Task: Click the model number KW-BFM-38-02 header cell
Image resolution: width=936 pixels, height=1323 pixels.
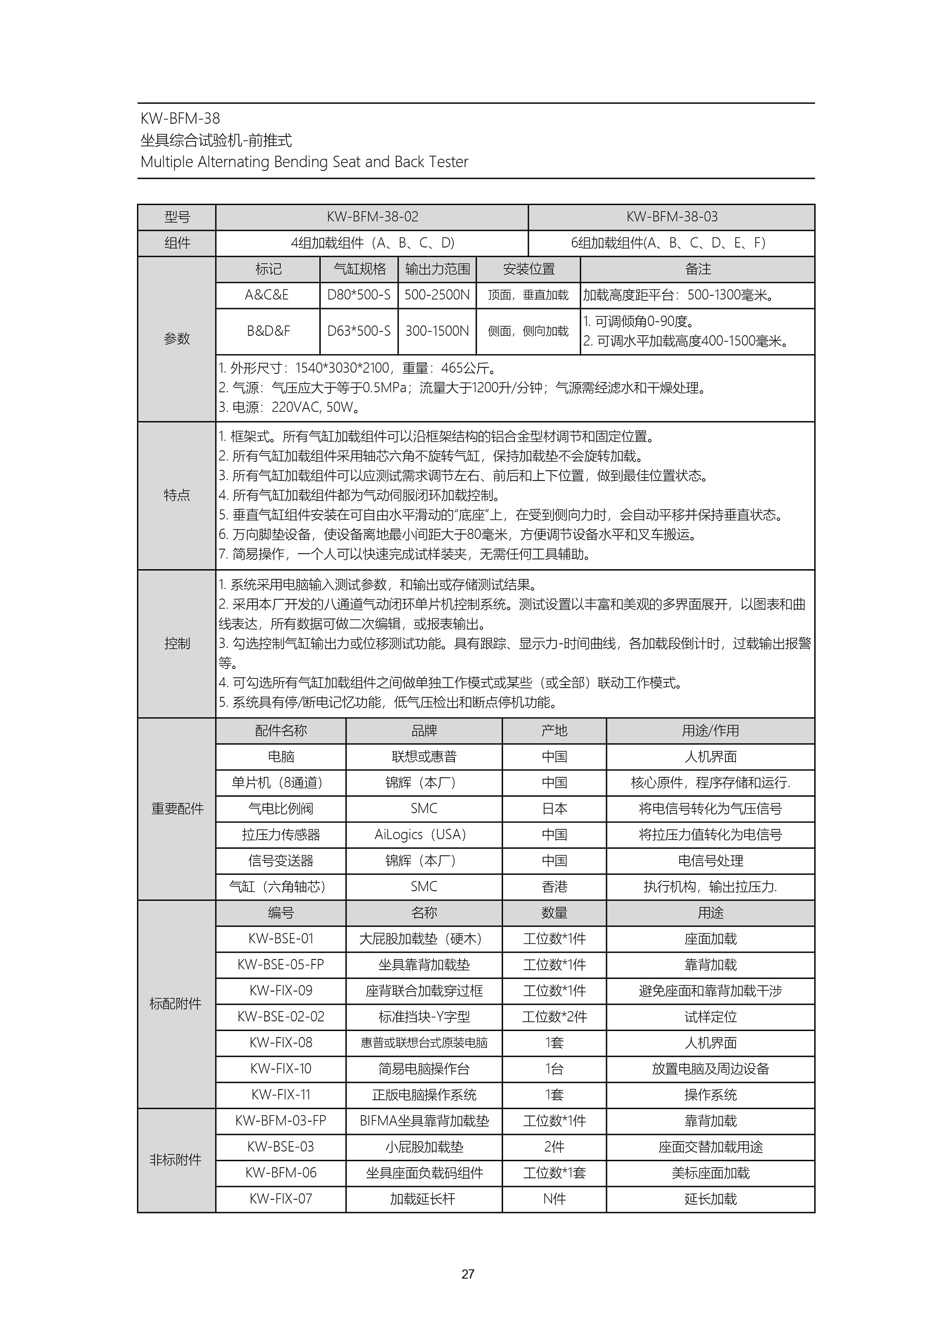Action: (372, 217)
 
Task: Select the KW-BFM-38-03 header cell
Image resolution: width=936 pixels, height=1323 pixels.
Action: (671, 217)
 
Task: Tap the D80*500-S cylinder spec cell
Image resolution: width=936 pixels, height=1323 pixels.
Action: (358, 295)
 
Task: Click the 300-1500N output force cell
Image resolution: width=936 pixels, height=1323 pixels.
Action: (437, 331)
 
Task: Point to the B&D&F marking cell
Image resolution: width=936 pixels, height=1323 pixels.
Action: (268, 331)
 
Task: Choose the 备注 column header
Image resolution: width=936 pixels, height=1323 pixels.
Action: (698, 269)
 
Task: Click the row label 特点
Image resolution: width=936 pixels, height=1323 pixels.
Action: (176, 496)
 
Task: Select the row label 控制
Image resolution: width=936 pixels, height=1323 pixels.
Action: (176, 644)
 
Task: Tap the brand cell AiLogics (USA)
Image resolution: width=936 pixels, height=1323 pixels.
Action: (424, 834)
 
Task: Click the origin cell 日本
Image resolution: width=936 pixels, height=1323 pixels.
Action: (554, 808)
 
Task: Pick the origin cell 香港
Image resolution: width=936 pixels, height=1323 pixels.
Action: (554, 886)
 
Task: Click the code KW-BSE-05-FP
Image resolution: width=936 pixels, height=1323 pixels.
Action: (281, 964)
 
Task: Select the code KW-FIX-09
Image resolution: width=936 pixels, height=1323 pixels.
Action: (281, 991)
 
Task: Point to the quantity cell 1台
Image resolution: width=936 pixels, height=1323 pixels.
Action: (554, 1069)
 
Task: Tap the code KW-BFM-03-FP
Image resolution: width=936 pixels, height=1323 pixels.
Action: (281, 1121)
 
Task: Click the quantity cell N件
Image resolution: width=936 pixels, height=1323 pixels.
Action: (554, 1199)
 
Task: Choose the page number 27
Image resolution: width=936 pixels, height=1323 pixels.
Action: (468, 1274)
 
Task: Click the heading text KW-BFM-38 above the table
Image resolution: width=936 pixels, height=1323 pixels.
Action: (180, 119)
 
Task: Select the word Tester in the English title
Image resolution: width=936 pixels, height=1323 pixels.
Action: (448, 162)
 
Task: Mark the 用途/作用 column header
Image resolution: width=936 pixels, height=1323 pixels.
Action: (710, 730)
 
